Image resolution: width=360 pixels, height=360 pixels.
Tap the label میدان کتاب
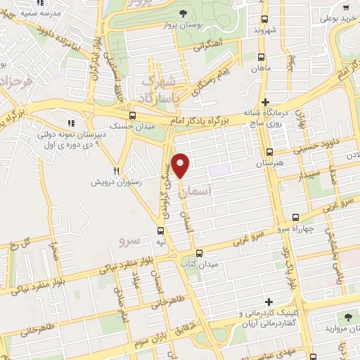[199, 264]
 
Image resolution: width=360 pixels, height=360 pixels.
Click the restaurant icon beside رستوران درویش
[117, 170]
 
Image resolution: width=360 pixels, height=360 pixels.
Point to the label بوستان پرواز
[184, 25]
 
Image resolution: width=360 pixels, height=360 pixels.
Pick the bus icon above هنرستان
[270, 151]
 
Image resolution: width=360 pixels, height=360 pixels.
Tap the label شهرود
[265, 30]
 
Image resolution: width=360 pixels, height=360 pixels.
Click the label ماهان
[262, 68]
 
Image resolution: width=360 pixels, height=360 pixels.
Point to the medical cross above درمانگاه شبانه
[265, 101]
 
